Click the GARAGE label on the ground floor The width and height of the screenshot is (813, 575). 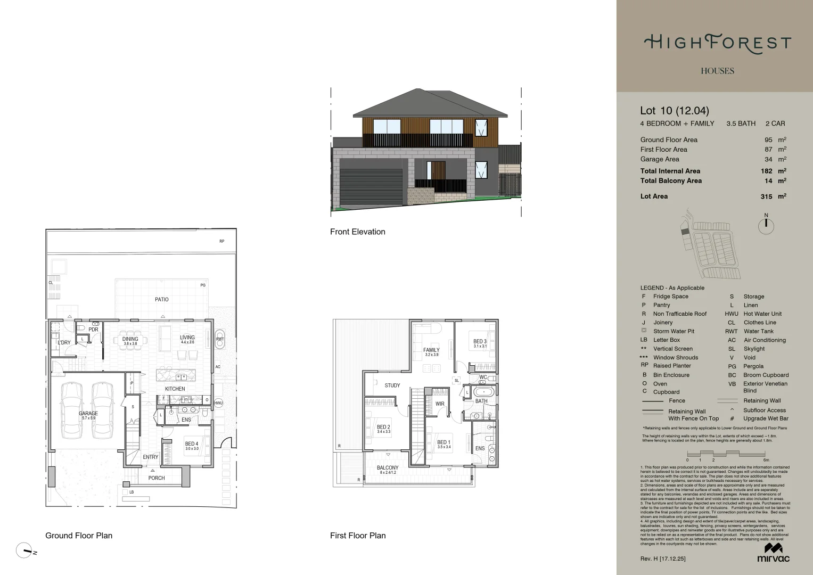88,414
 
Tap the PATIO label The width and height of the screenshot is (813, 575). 162,300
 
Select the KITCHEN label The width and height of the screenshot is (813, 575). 175,389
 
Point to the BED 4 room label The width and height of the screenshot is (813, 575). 192,444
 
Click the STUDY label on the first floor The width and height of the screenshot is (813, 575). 392,385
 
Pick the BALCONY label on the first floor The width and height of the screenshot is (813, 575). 388,468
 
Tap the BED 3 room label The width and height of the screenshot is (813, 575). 480,342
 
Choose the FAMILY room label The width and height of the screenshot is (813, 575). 431,350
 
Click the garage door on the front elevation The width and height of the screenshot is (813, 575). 371,186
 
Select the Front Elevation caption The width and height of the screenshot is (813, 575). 357,232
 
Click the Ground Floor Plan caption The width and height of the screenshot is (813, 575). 79,536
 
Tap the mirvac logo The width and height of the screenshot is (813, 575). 773,553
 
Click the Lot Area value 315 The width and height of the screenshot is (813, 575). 766,196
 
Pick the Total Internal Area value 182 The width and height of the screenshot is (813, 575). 766,171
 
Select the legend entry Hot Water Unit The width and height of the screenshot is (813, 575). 762,314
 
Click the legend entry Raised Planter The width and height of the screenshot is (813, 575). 672,366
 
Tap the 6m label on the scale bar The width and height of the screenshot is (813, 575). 766,460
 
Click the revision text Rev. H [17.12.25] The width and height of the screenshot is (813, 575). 663,558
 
